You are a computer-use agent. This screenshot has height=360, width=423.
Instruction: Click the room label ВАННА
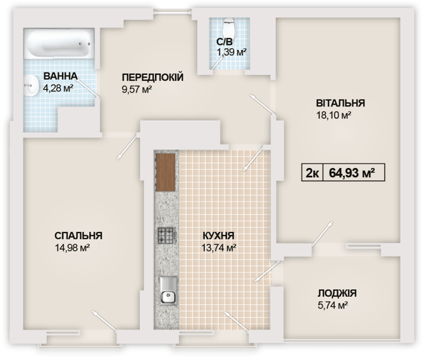click(x=61, y=76)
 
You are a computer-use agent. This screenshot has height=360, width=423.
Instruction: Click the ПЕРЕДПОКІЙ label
click(x=152, y=77)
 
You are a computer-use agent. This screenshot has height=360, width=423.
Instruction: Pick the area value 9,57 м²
click(x=137, y=90)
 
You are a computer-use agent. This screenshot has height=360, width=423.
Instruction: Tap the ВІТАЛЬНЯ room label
click(x=340, y=103)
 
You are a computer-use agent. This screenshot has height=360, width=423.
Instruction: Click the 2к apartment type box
click(x=312, y=173)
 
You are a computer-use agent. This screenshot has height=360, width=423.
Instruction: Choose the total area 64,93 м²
click(x=351, y=173)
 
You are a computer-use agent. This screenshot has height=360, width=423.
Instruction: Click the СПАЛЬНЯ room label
click(x=78, y=236)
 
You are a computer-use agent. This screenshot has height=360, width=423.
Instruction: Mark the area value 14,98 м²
click(x=72, y=248)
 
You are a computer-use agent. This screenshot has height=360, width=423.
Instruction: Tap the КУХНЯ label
click(x=218, y=236)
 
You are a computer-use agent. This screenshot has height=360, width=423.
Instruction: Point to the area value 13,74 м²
click(x=218, y=248)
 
